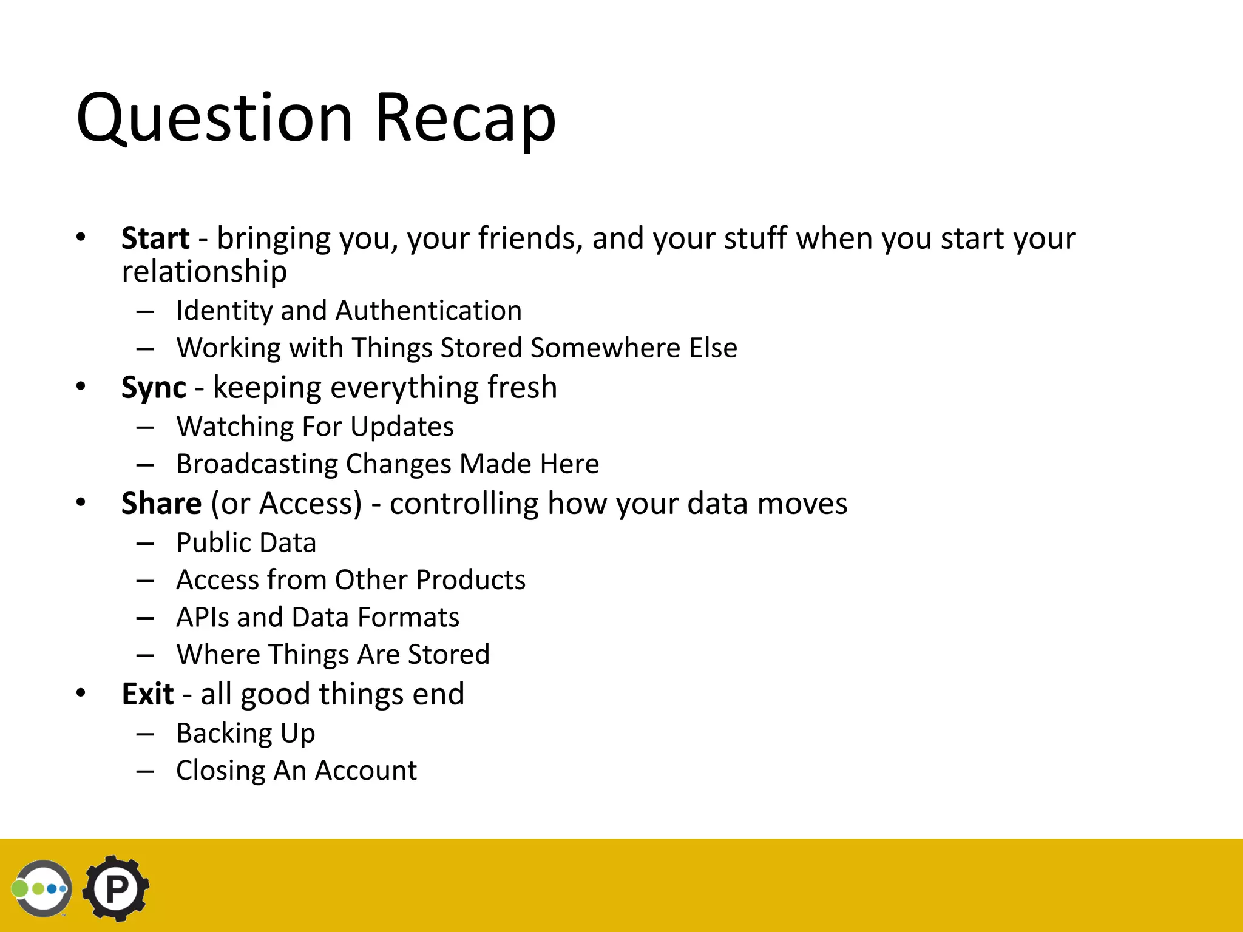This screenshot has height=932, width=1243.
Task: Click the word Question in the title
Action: [214, 118]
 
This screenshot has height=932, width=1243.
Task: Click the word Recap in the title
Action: [465, 118]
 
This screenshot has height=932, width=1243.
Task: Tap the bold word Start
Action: [155, 238]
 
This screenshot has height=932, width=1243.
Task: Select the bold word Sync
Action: [154, 388]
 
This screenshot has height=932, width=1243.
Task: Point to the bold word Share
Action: [161, 504]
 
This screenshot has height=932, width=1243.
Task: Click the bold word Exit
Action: [147, 694]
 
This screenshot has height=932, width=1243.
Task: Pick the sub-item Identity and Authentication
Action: [348, 311]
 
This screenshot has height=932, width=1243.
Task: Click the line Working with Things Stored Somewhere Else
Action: [456, 348]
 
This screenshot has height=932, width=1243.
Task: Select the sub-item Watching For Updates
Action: [314, 427]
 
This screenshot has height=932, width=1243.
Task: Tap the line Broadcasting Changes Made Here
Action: [387, 464]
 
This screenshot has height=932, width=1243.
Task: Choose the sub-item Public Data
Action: [246, 543]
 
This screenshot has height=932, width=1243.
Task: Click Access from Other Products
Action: [350, 580]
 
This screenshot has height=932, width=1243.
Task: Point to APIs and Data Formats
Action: [317, 618]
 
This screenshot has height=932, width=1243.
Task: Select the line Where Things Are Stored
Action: [333, 655]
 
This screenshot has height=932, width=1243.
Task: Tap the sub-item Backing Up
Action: [245, 734]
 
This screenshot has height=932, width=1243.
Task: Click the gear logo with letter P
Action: [116, 889]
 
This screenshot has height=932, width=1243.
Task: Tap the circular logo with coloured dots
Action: [42, 889]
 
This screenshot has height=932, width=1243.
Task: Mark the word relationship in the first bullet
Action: [204, 271]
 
